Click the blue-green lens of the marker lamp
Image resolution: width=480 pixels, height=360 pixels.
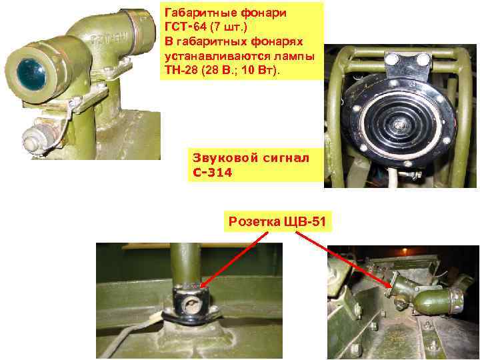point(31,75)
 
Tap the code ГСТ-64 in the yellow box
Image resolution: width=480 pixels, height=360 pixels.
point(185,27)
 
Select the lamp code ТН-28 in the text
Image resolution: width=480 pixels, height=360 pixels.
point(181,70)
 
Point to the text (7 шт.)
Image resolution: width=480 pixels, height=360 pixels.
point(229,27)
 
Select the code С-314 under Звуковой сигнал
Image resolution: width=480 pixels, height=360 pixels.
point(213,173)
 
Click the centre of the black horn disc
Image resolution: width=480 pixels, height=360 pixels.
point(398,123)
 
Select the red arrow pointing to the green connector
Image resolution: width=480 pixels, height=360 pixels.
point(344,260)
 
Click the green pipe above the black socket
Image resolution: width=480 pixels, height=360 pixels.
point(185,264)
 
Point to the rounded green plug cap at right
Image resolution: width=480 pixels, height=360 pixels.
point(437,301)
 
